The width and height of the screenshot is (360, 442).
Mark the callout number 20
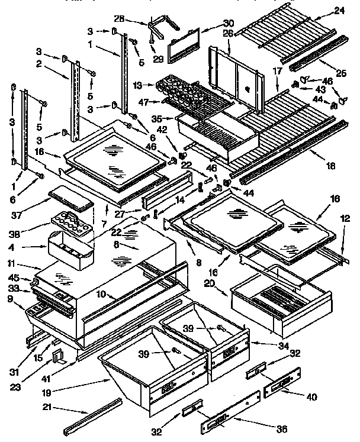tap(224, 283)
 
